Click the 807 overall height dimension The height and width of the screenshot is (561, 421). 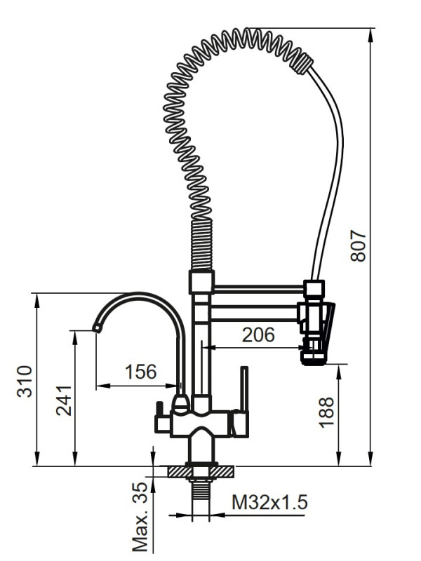click(x=359, y=246)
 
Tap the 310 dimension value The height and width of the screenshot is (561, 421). click(x=25, y=381)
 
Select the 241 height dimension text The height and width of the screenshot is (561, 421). click(x=64, y=400)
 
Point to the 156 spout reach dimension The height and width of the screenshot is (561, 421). click(x=141, y=372)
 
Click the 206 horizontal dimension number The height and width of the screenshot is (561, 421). click(x=258, y=335)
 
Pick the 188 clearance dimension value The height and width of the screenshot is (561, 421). click(x=326, y=412)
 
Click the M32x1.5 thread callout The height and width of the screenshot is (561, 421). click(x=269, y=502)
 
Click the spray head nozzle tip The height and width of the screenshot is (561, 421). click(x=314, y=359)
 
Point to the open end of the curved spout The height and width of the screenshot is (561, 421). click(x=96, y=328)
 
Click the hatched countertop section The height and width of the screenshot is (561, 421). click(x=201, y=472)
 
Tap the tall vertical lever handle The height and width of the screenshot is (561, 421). click(x=244, y=389)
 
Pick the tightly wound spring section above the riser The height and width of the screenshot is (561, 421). click(x=201, y=245)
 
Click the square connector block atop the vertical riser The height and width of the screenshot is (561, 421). click(x=201, y=283)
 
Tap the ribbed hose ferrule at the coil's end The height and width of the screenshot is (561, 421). click(x=303, y=64)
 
